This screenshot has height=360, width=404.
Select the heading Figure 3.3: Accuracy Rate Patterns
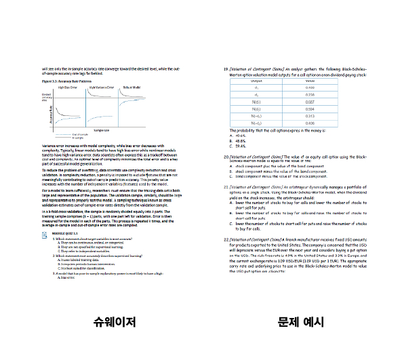click(x=66, y=81)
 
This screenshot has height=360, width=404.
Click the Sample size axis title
click(x=102, y=129)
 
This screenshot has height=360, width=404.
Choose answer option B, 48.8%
click(x=237, y=140)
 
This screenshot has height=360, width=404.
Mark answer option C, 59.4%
click(x=237, y=146)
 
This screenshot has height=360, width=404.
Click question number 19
click(x=226, y=69)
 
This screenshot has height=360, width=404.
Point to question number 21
click(x=226, y=185)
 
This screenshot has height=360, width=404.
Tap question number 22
click(x=226, y=239)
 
